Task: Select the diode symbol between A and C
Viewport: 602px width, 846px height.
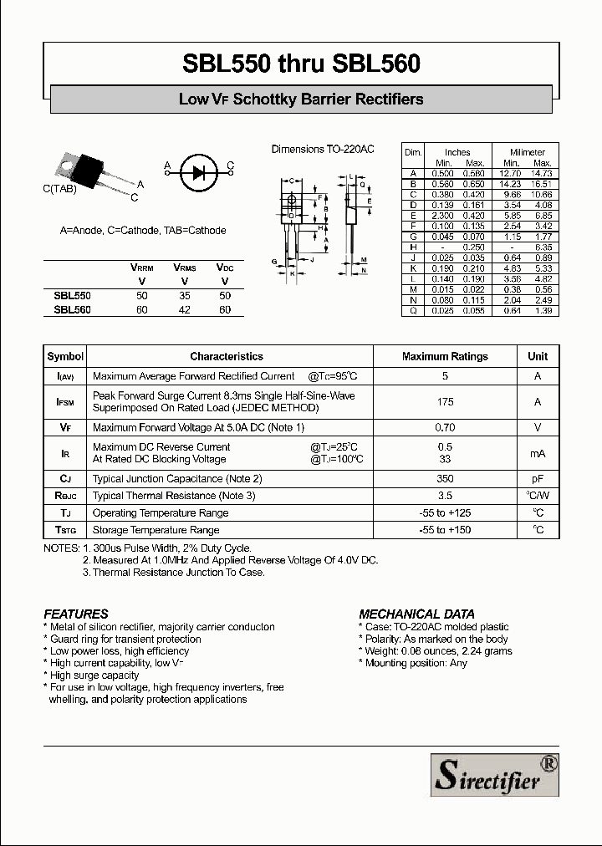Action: tap(198, 171)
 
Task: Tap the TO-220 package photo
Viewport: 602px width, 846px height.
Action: tap(86, 170)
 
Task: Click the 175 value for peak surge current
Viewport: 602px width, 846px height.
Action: tap(445, 402)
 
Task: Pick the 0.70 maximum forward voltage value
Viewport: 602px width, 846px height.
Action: tap(445, 427)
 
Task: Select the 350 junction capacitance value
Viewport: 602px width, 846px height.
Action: tap(445, 479)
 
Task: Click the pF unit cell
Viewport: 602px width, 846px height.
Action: tap(538, 479)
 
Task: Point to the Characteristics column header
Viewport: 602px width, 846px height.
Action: tap(226, 356)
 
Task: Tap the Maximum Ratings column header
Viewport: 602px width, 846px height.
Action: tap(445, 356)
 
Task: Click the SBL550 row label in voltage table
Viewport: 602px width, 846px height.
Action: tap(72, 296)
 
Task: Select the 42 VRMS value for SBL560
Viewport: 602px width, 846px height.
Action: tap(185, 310)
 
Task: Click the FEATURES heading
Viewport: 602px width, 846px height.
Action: tap(75, 614)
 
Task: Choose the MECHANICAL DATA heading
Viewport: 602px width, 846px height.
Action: tap(416, 614)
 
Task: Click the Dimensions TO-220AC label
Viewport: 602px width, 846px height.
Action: tap(323, 150)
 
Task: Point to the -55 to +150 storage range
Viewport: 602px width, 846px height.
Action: tap(445, 530)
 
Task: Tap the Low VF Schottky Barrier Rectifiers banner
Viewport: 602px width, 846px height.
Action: tap(301, 99)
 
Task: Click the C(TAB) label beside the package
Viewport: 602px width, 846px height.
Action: tap(59, 189)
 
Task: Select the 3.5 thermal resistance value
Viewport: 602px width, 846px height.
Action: tap(445, 496)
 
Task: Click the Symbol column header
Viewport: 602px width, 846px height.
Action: tap(65, 356)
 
